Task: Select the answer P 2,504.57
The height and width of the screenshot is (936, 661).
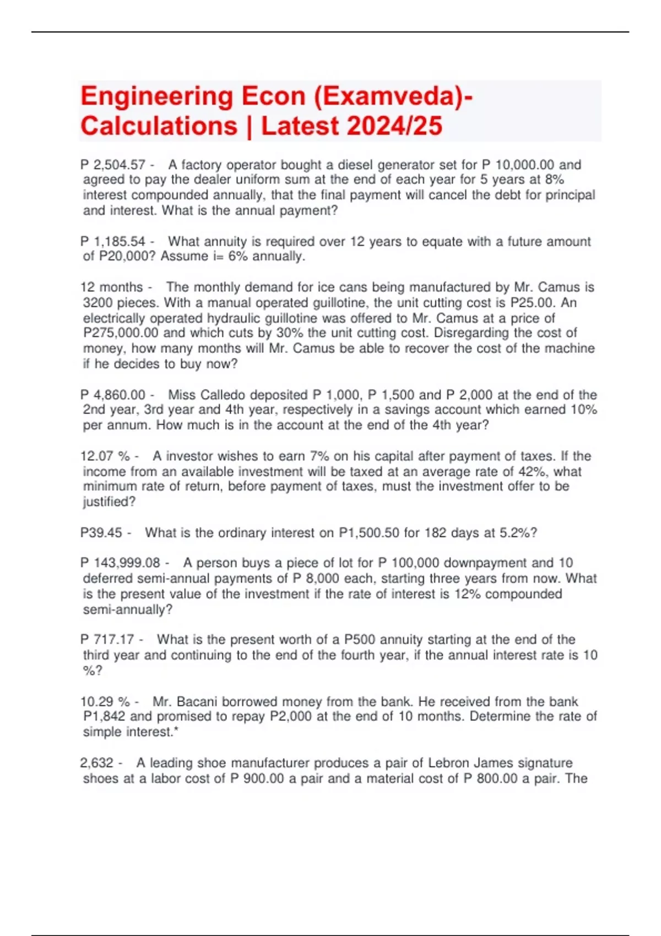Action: (x=113, y=165)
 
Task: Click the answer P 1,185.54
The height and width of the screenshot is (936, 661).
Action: (x=113, y=242)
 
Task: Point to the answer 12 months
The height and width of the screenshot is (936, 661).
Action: (x=112, y=287)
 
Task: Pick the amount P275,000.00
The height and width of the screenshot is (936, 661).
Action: (x=121, y=333)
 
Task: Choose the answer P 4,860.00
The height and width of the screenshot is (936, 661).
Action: (x=113, y=395)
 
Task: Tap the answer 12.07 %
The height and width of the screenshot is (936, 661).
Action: (x=105, y=456)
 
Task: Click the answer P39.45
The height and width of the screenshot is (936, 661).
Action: (x=101, y=533)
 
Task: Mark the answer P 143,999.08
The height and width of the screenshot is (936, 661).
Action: (x=120, y=563)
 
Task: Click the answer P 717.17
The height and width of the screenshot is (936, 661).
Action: (x=107, y=640)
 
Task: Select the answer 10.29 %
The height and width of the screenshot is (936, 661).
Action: (x=105, y=702)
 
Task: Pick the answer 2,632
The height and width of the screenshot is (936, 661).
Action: (x=97, y=763)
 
